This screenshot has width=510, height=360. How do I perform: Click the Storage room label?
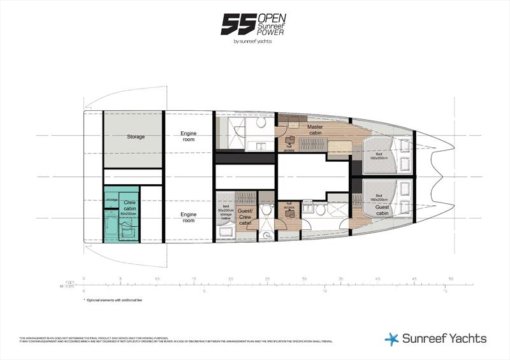pos(135,136)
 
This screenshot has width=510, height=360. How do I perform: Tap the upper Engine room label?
pos(188,136)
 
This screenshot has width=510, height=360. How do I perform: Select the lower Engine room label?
pos(188,217)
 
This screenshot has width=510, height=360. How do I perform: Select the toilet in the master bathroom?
pos(261,122)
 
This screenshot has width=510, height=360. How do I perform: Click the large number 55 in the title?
pos(237,24)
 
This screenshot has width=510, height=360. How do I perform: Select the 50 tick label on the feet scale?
pos(451,278)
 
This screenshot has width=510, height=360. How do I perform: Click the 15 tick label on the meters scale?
pos(445,291)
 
